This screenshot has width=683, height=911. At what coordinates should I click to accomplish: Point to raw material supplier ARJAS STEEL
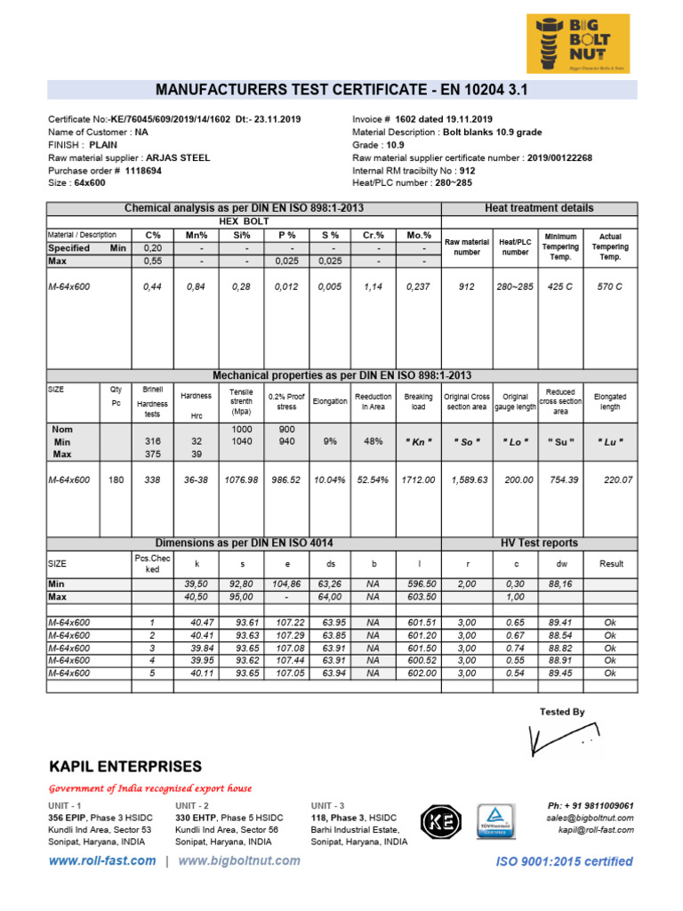point(178,157)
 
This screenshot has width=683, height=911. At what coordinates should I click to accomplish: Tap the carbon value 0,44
point(153,287)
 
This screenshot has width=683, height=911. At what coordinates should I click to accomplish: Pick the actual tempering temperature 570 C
point(610,287)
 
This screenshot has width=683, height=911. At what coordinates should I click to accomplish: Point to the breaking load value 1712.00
point(418,480)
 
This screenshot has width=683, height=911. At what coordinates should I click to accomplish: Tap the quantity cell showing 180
point(116,480)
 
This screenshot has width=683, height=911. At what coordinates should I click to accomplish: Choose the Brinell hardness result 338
point(152,480)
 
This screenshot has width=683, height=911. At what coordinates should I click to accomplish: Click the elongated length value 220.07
point(610,480)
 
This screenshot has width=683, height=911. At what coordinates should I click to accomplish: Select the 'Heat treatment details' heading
point(539,207)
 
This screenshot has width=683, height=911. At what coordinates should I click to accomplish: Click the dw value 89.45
point(560,673)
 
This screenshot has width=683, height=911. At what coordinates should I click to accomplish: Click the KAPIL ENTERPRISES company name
point(125,767)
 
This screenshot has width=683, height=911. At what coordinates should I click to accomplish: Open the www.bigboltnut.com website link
point(239,860)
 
